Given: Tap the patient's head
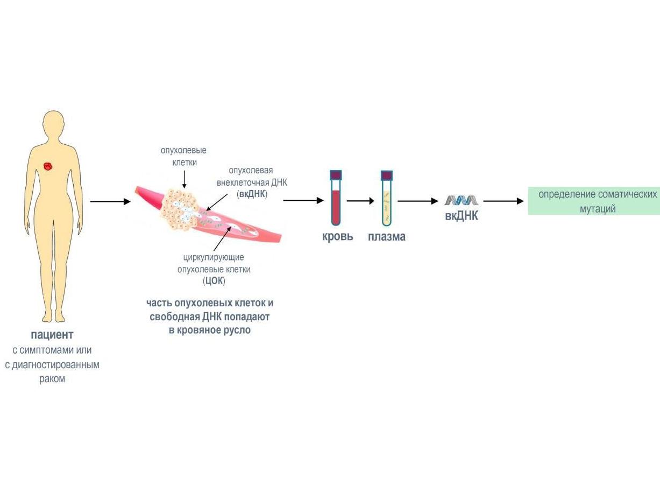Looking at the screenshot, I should coord(54,124).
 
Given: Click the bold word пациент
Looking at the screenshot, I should coord(52,335).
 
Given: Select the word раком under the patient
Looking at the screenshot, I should coord(52,379).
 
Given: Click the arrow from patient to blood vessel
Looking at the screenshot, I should coord(110,202).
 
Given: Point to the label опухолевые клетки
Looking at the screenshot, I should coord(183,156).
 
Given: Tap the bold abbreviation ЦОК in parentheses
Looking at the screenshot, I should coord(214,281).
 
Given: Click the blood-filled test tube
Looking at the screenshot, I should coord(336,199).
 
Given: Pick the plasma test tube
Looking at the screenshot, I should coord(387,199).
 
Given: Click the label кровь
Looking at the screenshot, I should coord(338,236).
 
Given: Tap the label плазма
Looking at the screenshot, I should coord(387,236).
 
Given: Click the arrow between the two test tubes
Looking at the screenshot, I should coord(360,201).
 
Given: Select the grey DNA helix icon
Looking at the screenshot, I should coord(461,200).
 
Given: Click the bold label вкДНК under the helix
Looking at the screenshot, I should coord(462,217).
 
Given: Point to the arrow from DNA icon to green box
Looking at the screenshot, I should coord(503,201).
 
